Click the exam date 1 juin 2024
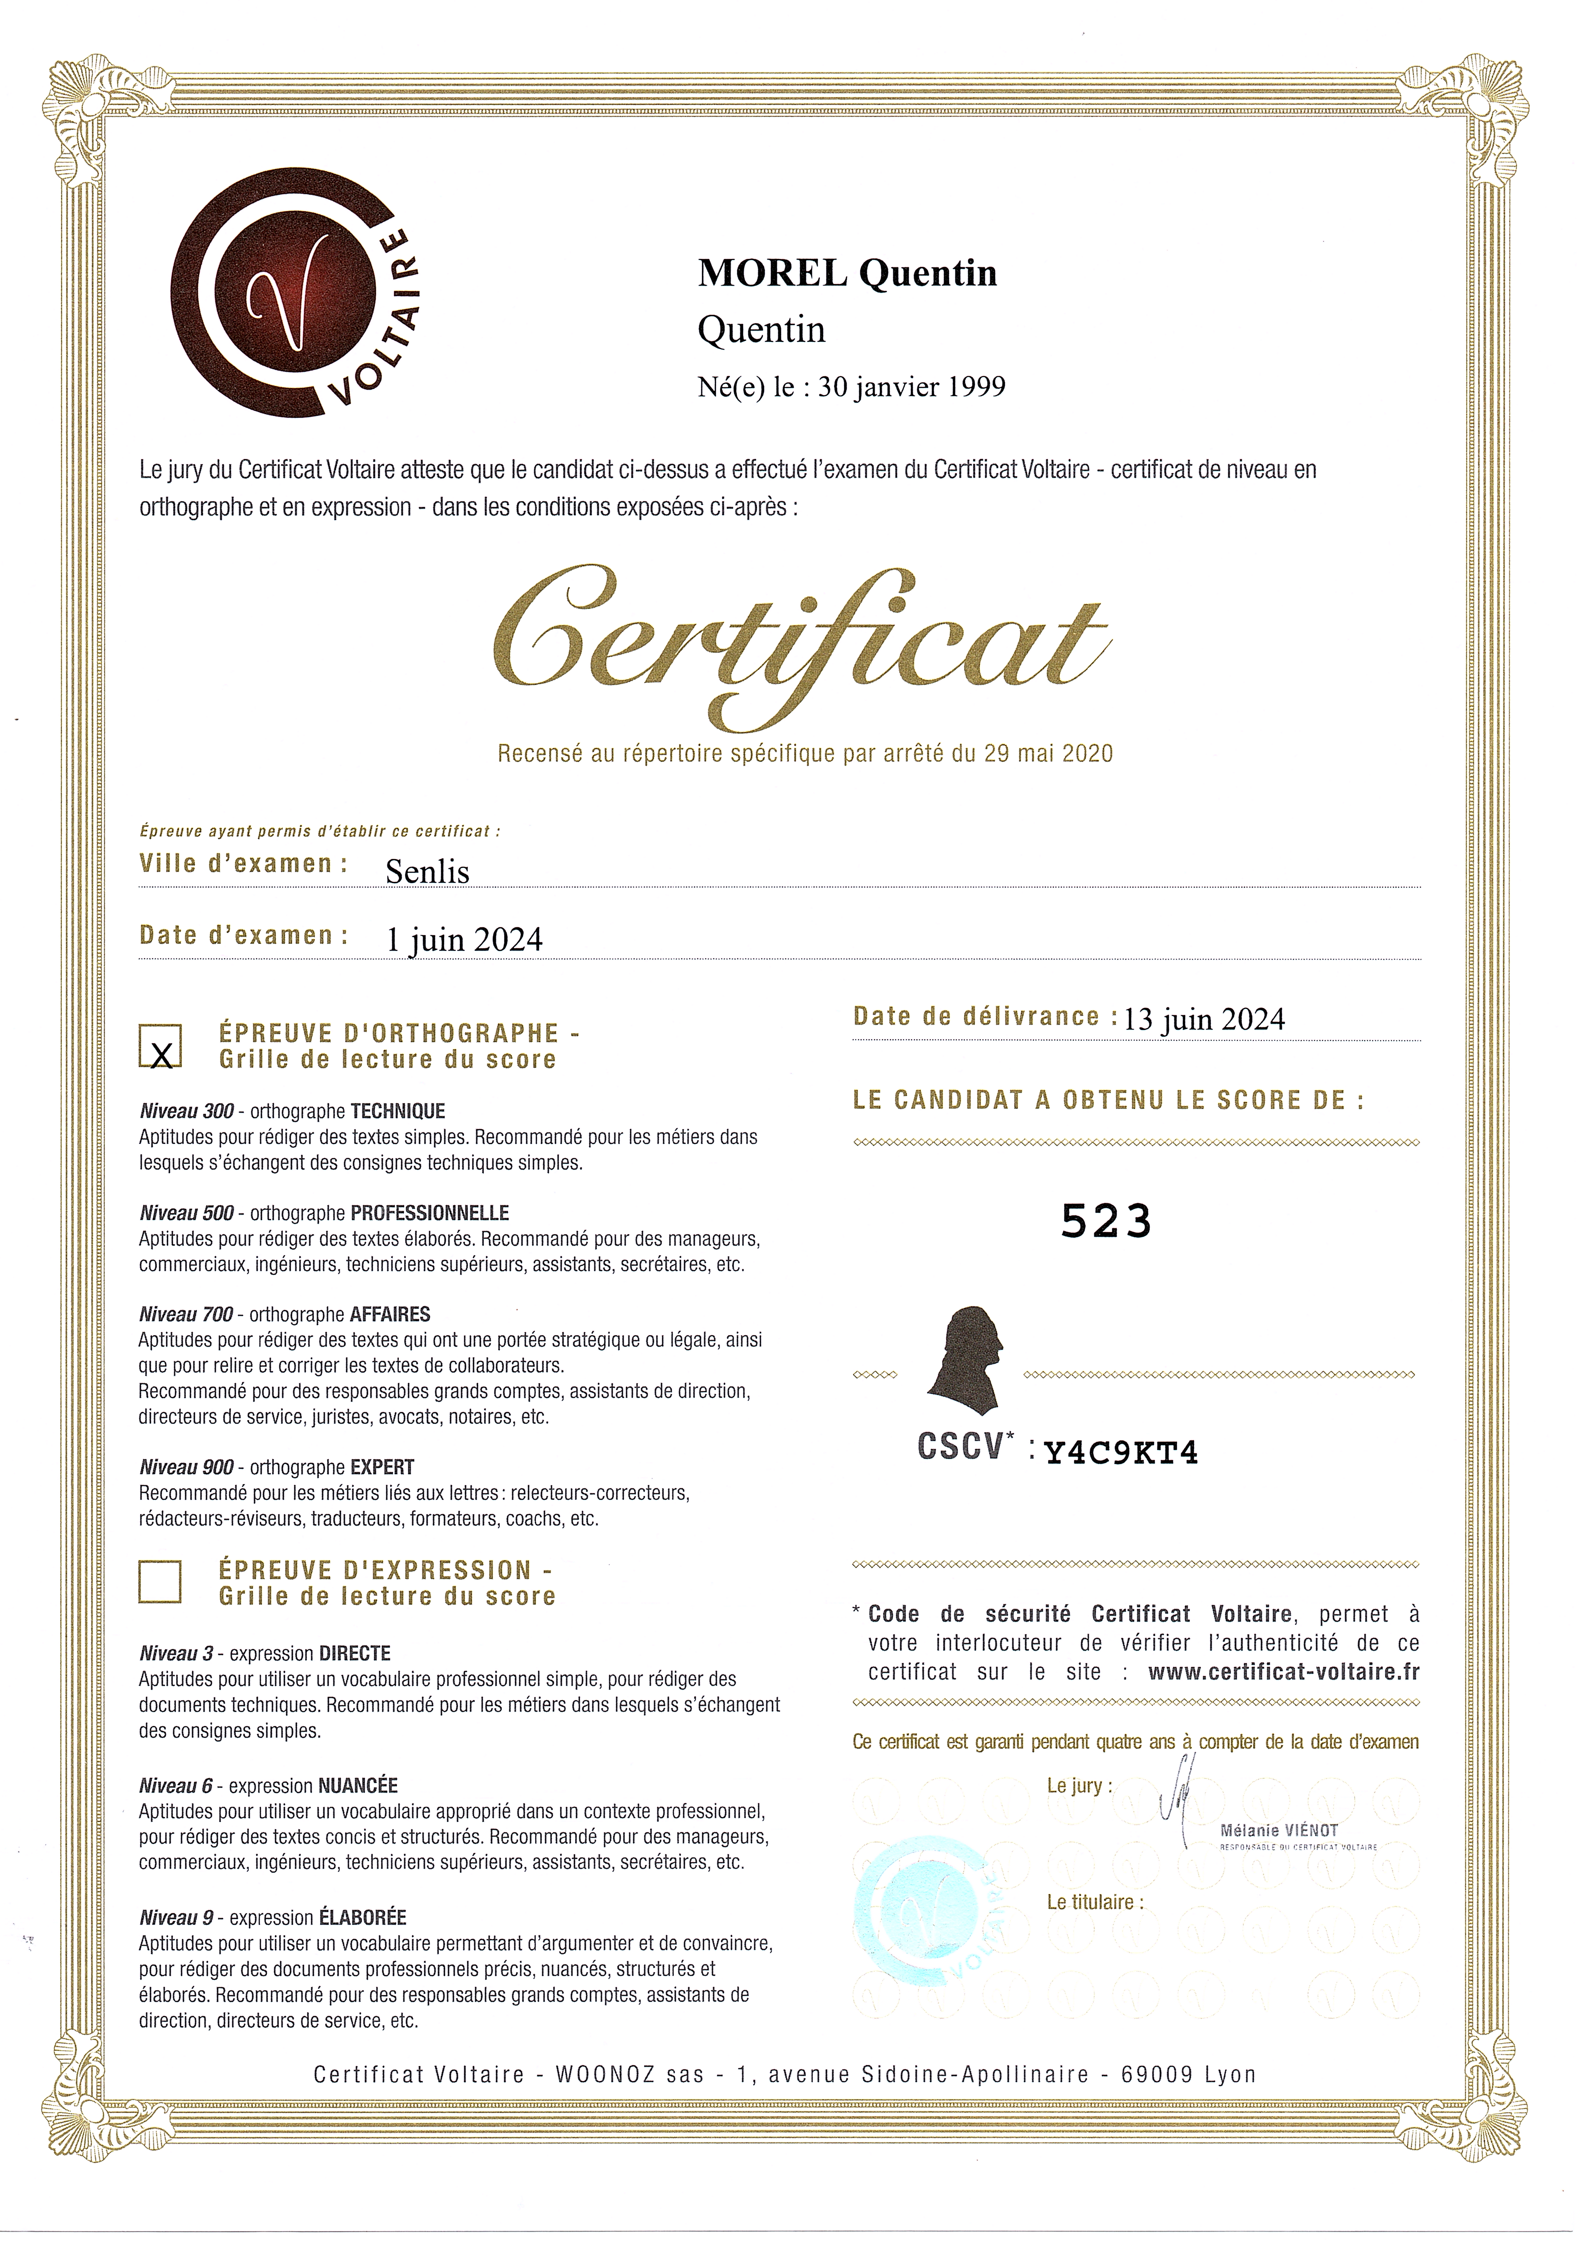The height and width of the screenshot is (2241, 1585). pos(464,939)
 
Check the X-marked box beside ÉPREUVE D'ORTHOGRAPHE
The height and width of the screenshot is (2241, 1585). pos(161,1046)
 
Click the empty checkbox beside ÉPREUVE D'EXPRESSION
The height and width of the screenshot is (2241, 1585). pos(160,1582)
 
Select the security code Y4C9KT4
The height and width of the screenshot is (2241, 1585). pos(1122,1453)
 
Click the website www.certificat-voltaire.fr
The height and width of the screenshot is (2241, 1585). pos(1283,1672)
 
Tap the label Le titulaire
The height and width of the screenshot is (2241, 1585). pos(1094,1902)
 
